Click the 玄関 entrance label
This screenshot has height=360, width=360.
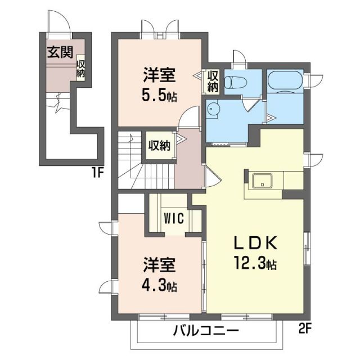click(60, 52)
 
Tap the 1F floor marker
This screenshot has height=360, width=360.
click(98, 173)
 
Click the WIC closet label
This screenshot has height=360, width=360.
click(173, 218)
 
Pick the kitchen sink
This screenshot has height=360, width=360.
click(263, 181)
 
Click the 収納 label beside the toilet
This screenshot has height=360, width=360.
click(213, 81)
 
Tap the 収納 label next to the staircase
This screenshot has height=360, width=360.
click(159, 146)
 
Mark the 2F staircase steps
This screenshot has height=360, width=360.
click(133, 160)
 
